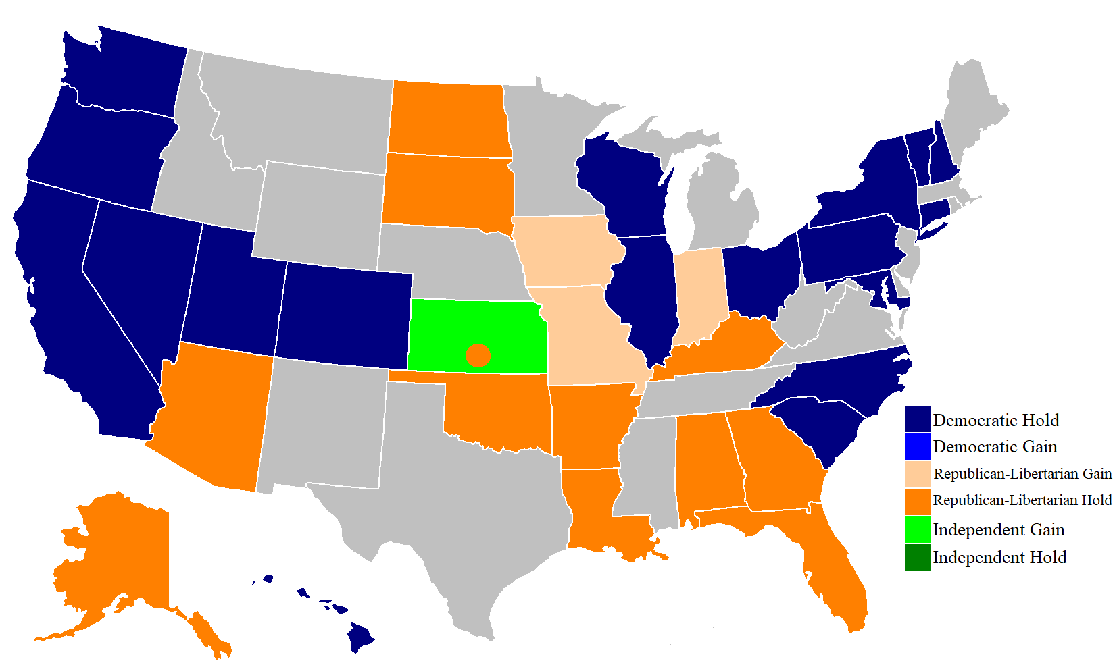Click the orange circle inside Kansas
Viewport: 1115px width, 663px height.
click(478, 354)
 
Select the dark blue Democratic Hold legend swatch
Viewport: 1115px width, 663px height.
click(918, 419)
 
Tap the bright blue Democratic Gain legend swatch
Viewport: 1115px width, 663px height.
click(918, 446)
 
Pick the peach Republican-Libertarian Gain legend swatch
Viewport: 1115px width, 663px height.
click(918, 473)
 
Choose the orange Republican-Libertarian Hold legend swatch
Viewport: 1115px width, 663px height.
click(918, 501)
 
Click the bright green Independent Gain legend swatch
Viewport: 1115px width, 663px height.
click(918, 529)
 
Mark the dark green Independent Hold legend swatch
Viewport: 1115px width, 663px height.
click(918, 557)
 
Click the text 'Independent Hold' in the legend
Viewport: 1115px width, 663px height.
click(999, 558)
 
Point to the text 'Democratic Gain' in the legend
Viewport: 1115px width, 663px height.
click(995, 447)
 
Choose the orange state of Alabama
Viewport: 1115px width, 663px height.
click(706, 466)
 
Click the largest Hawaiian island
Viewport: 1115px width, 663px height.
click(361, 637)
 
